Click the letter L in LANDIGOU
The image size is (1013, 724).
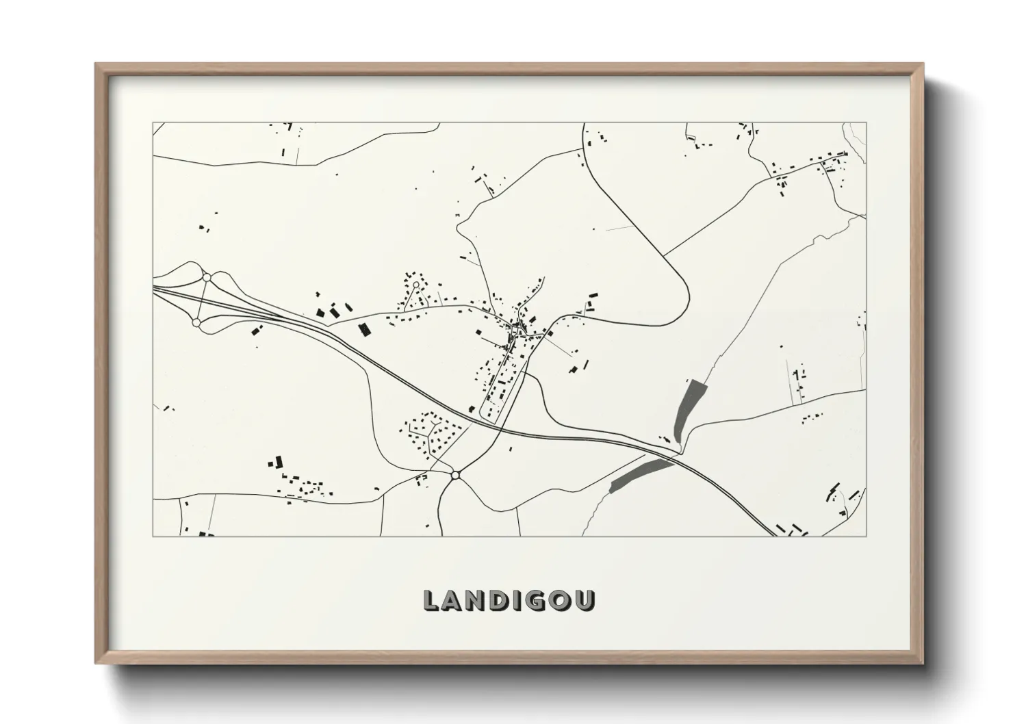[432, 600]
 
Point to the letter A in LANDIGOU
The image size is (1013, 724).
[454, 600]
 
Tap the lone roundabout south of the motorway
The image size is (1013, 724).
[455, 474]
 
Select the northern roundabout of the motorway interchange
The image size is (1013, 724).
[206, 277]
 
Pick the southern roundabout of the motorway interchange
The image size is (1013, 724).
[196, 322]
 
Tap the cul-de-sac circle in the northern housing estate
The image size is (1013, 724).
[415, 284]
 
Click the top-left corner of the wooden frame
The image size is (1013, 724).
[96, 64]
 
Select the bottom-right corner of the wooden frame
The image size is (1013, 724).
[922, 663]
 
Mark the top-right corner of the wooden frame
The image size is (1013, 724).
[922, 64]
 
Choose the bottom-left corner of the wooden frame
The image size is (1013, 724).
[96, 663]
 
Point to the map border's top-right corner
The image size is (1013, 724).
[866, 123]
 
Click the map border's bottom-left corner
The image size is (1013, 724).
[153, 536]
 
